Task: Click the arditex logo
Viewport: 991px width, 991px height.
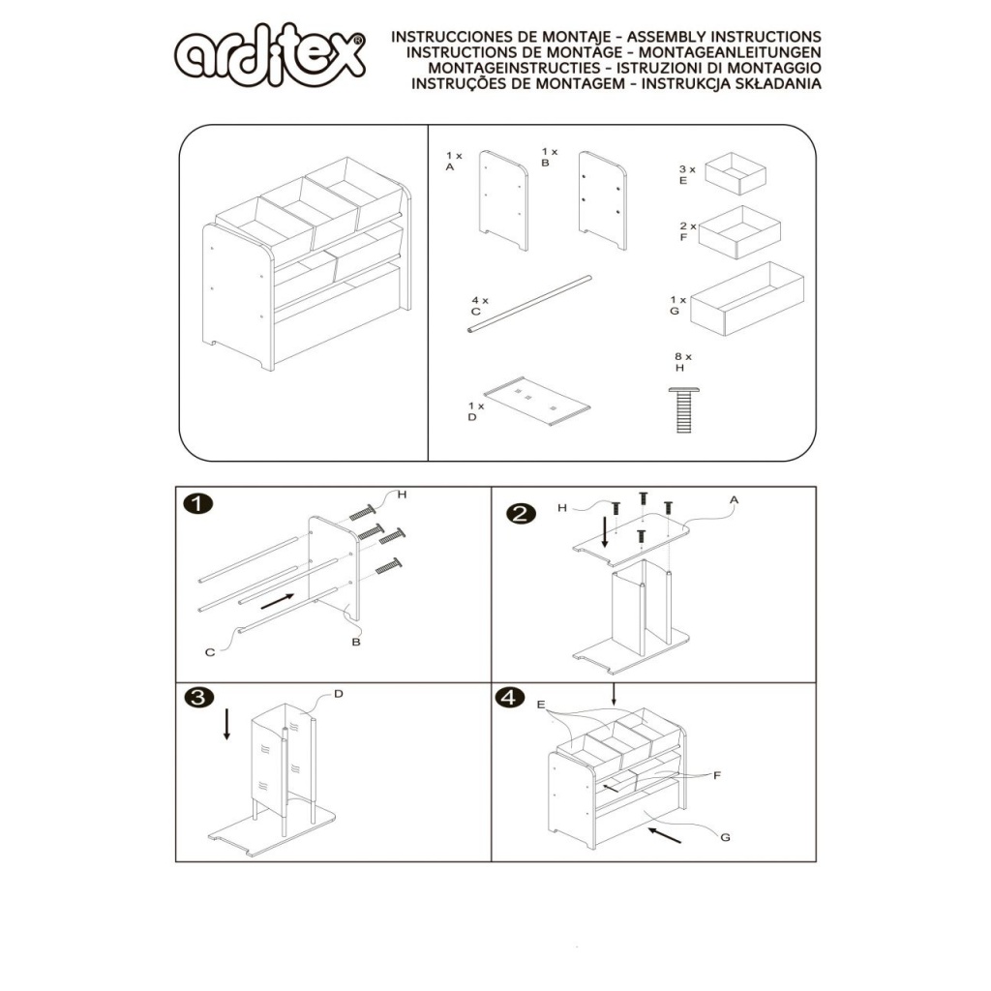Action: point(270,55)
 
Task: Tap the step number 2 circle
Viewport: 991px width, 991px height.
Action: point(521,513)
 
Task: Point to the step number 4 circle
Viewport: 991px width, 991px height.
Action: point(510,697)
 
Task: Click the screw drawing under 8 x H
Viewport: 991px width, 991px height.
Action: point(684,410)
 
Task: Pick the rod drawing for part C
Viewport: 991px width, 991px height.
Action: point(529,303)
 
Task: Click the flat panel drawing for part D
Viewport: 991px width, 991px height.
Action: point(536,402)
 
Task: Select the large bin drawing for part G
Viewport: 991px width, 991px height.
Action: point(747,298)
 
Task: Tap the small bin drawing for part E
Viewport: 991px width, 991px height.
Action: point(736,174)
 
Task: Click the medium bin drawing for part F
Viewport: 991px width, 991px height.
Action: point(739,232)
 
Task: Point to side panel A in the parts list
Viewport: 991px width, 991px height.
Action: point(503,200)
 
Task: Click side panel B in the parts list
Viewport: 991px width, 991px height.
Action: point(602,200)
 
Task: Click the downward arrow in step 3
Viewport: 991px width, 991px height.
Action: point(226,724)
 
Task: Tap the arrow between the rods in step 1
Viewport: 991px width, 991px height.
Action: point(278,602)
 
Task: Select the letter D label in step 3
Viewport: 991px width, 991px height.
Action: point(338,694)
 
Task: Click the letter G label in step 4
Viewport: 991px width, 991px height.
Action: point(725,837)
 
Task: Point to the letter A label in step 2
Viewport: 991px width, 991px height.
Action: point(734,500)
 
